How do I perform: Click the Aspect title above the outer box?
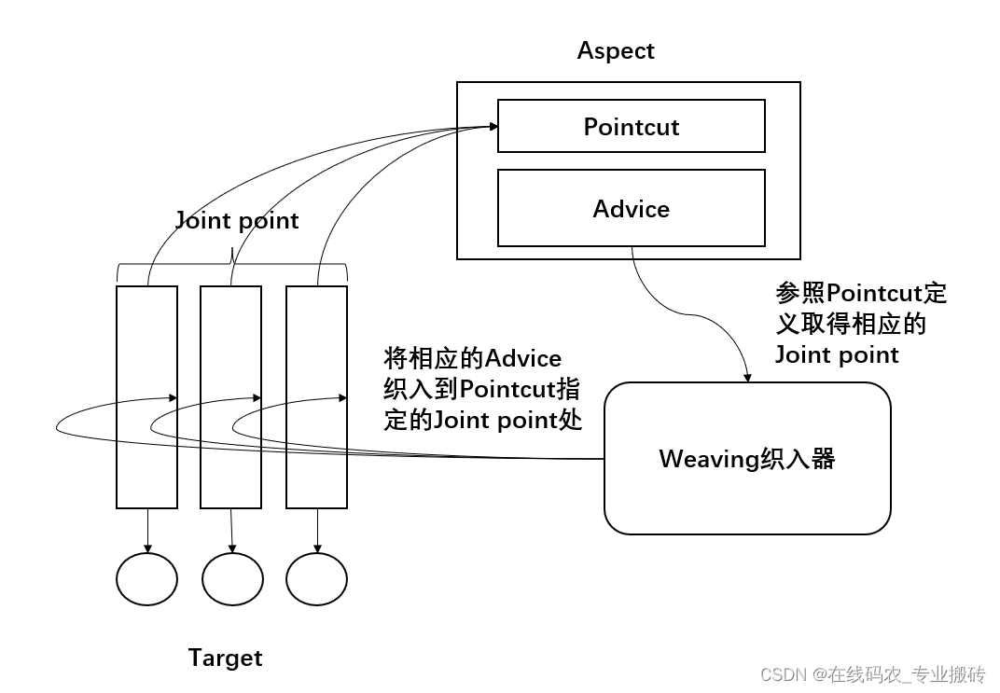point(616,50)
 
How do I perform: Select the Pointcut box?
point(631,126)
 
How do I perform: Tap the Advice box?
point(631,208)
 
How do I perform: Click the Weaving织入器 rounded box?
point(747,458)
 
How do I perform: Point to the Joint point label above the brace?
point(237,220)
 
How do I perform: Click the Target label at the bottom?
point(225,658)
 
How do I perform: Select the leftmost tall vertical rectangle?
point(146,396)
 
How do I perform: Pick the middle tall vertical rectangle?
point(231,396)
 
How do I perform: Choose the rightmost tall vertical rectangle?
point(316,396)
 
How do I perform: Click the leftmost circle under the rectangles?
point(146,579)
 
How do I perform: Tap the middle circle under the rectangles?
point(232,579)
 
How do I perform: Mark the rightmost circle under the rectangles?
point(316,579)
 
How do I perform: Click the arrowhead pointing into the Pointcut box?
point(492,127)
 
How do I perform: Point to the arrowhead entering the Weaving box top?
point(746,376)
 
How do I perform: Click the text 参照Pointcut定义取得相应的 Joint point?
point(860,324)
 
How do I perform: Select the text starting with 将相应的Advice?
point(482,389)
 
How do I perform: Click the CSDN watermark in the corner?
point(872,674)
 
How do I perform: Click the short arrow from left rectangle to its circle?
point(147,531)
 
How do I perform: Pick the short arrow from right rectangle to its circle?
point(317,531)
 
